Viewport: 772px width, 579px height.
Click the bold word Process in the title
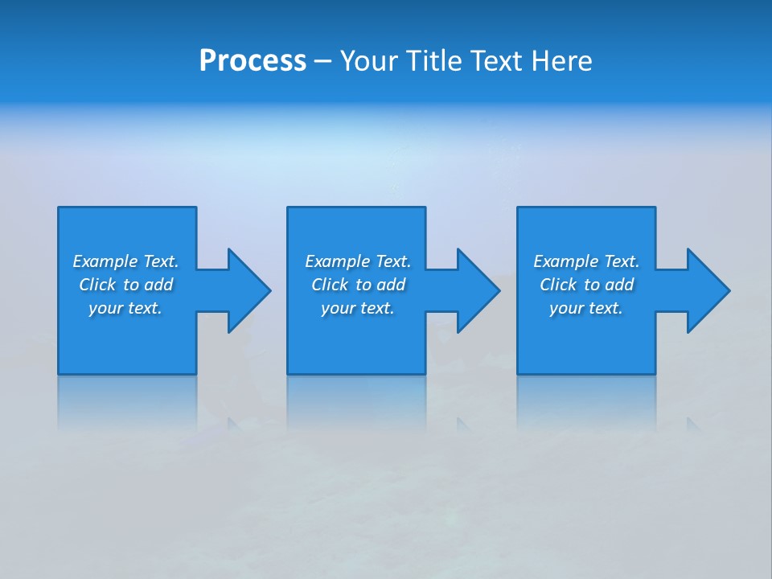253,61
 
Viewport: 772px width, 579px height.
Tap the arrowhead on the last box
707,290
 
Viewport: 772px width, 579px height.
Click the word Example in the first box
105,261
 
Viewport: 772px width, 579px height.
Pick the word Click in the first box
97,285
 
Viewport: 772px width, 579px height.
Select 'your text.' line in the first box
125,308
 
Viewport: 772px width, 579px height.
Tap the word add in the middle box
392,285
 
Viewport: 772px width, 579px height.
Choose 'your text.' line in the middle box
357,308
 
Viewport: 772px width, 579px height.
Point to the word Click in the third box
558,285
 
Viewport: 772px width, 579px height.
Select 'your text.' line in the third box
585,308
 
